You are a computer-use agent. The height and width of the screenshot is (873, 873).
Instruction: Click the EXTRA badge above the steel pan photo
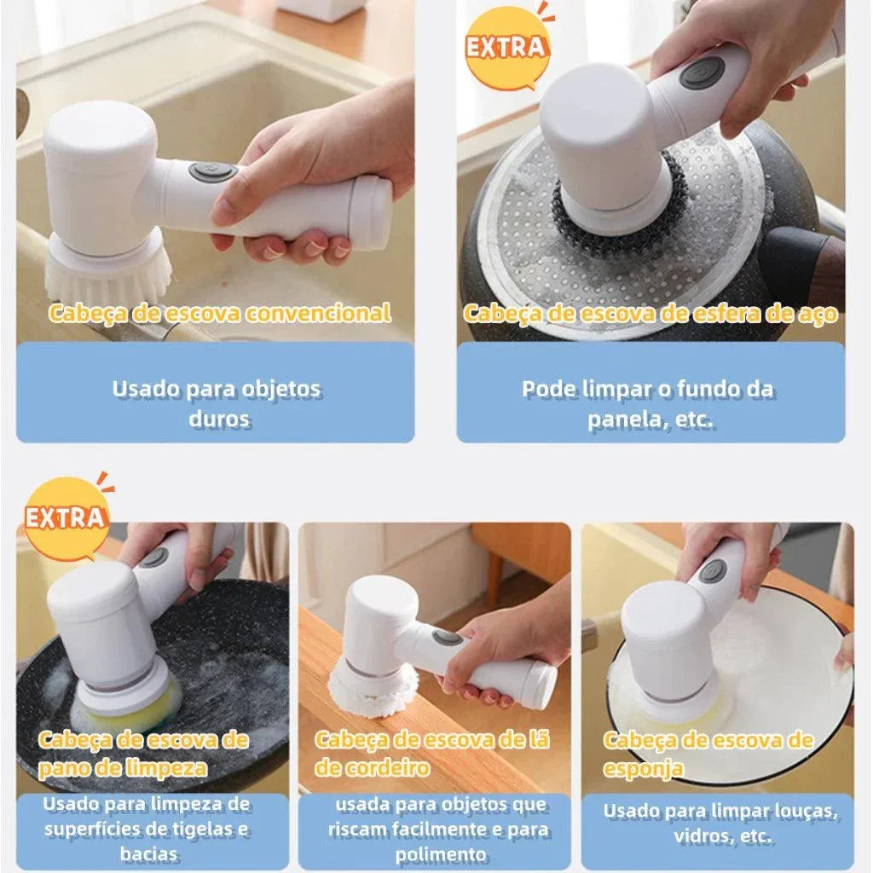click(x=506, y=47)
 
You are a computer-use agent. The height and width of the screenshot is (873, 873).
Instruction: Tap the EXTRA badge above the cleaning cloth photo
click(x=66, y=517)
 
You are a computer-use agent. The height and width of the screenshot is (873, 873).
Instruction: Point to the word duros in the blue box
click(x=219, y=419)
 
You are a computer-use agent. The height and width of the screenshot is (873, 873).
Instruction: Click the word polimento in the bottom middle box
click(x=441, y=854)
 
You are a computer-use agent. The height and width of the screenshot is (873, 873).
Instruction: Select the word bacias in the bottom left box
click(x=148, y=854)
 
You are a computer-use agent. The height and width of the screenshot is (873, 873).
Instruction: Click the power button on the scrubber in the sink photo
click(x=212, y=172)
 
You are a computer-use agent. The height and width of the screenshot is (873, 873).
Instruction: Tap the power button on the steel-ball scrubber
click(x=702, y=73)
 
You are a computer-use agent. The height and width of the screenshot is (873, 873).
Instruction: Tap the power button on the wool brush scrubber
click(x=447, y=637)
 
